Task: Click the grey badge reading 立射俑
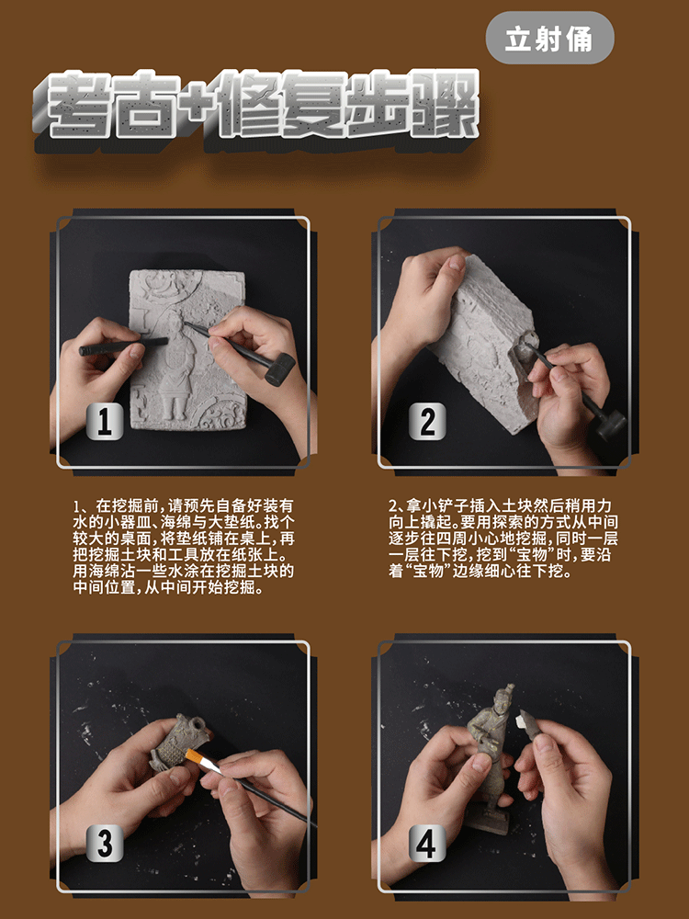[549, 38]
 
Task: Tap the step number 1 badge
[105, 422]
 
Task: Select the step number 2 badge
[427, 422]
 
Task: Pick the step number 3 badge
[105, 844]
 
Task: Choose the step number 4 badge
[427, 844]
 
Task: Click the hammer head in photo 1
[279, 369]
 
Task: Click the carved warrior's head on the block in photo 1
[174, 321]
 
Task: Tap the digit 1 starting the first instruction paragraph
[76, 506]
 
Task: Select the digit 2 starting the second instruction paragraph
[393, 506]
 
